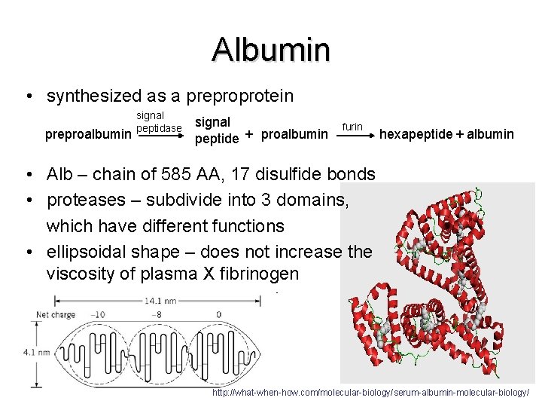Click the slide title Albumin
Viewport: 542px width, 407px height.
click(x=271, y=50)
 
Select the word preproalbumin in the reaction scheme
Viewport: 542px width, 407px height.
click(x=88, y=135)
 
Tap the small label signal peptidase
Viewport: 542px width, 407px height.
click(x=158, y=122)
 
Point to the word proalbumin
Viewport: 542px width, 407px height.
click(x=294, y=135)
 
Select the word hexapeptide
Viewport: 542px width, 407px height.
click(x=416, y=134)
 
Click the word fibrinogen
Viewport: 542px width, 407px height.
click(x=258, y=274)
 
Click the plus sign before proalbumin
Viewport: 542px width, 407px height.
click(x=249, y=134)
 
